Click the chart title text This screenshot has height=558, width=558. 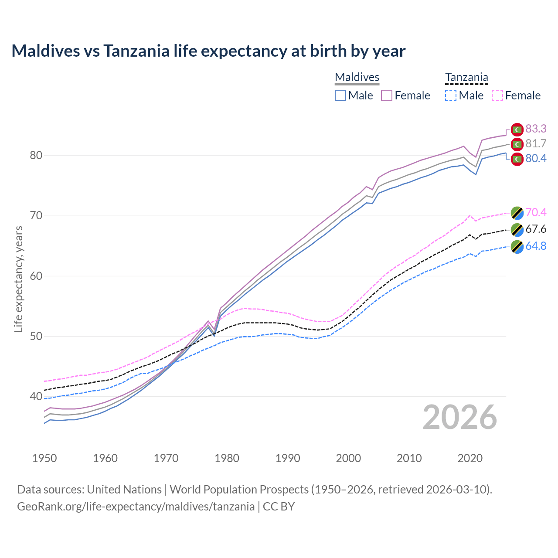[x=208, y=51]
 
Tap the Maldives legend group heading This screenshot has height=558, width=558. [x=357, y=77]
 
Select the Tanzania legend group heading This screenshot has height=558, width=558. [x=466, y=77]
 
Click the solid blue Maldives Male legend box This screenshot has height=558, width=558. [x=340, y=95]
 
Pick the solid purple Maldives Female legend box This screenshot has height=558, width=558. [x=387, y=95]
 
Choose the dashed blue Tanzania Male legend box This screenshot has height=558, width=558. [x=451, y=95]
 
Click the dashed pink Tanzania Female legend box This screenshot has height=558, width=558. [x=497, y=95]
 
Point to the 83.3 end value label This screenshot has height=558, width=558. [x=536, y=129]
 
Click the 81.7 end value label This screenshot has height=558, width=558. [x=536, y=143]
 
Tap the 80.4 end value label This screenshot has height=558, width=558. [x=536, y=158]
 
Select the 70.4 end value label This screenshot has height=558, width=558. [x=536, y=212]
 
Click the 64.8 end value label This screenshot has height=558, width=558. [x=536, y=246]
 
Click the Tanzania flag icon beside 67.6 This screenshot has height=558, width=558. [x=517, y=229]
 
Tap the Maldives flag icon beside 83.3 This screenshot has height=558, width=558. [x=517, y=129]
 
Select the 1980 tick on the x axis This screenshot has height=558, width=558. [x=227, y=458]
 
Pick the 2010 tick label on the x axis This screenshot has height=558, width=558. [x=409, y=458]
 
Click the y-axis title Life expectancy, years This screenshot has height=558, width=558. [x=18, y=279]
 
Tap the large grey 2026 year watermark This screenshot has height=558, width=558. [x=459, y=417]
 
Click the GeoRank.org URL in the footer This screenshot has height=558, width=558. [x=136, y=506]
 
